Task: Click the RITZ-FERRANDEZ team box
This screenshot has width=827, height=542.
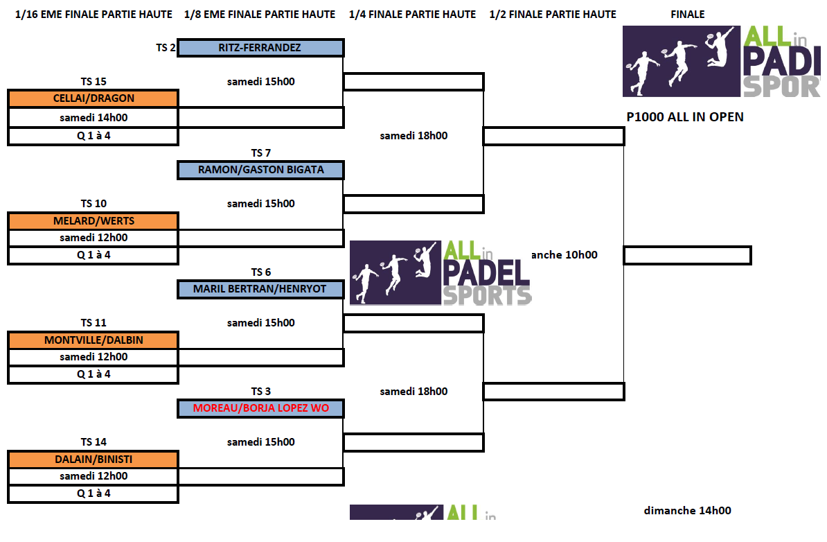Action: [x=260, y=48]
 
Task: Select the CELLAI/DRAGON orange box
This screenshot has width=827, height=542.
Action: [x=94, y=98]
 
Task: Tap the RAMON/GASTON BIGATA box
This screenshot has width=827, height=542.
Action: [x=260, y=170]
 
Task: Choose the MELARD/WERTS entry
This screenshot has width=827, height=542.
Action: [x=94, y=221]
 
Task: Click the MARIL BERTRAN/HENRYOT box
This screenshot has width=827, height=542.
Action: [x=260, y=289]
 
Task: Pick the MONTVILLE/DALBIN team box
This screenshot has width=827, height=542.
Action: [x=94, y=340]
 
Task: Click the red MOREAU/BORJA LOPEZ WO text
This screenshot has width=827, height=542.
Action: [x=260, y=408]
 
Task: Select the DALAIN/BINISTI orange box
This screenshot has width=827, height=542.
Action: [x=94, y=460]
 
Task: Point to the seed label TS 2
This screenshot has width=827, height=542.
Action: [x=166, y=48]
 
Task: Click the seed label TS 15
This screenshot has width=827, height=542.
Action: [x=94, y=82]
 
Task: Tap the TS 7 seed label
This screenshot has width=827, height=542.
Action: [x=260, y=153]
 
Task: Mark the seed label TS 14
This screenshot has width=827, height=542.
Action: [x=94, y=442]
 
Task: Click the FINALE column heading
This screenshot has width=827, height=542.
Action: [x=687, y=14]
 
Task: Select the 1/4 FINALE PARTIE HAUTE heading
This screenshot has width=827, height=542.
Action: [x=412, y=14]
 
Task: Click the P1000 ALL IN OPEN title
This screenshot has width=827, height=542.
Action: [x=685, y=117]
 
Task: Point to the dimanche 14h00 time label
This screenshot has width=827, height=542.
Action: [x=687, y=511]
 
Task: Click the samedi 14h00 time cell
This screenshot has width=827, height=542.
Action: [x=94, y=118]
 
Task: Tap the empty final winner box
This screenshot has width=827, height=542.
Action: [x=687, y=255]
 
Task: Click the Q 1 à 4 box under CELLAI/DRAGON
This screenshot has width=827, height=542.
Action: [x=94, y=136]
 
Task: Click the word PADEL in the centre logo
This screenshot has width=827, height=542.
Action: [x=486, y=271]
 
